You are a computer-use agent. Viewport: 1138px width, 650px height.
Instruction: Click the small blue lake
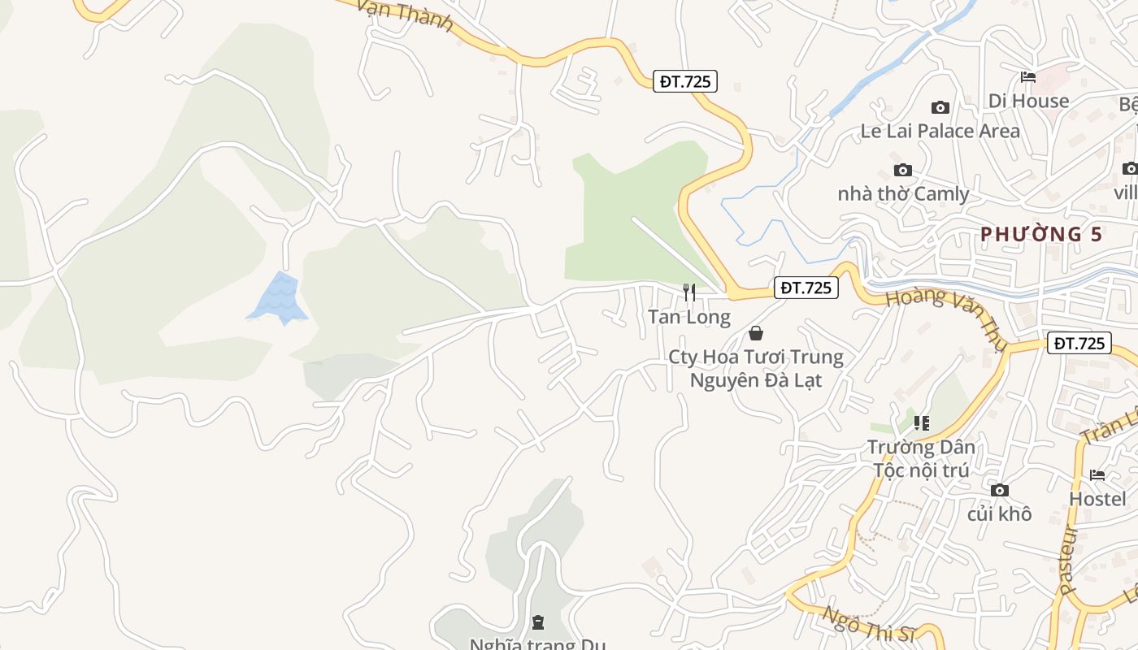(x=278, y=298)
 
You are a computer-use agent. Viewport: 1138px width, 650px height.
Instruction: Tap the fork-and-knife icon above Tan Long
(x=689, y=292)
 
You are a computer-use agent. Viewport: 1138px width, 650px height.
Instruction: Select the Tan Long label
(x=689, y=317)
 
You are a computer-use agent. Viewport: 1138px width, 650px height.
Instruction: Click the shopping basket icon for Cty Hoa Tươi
(x=756, y=333)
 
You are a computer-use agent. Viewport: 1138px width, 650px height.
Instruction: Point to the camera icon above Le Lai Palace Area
(x=940, y=107)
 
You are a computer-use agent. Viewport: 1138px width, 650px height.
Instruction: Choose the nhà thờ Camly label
(x=903, y=194)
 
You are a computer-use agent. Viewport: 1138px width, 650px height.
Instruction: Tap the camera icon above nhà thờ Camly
(x=902, y=170)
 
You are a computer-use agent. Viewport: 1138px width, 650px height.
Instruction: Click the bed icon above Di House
(x=1028, y=77)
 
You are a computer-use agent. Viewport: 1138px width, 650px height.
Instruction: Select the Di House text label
(x=1028, y=101)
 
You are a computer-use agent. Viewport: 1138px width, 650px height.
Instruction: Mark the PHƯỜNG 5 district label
(x=1041, y=234)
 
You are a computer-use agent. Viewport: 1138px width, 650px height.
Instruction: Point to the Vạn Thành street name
(x=405, y=15)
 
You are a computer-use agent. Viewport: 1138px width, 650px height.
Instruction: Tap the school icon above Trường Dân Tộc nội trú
(x=921, y=422)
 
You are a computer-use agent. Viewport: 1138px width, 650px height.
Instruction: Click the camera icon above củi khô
(x=1000, y=490)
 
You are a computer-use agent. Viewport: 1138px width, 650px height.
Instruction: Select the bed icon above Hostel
(x=1097, y=474)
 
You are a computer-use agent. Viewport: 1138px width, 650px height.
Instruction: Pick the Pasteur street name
(x=1070, y=560)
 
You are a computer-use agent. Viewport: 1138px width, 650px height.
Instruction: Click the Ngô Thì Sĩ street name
(x=868, y=626)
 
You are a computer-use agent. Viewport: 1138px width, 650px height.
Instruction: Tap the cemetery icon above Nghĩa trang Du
(x=537, y=622)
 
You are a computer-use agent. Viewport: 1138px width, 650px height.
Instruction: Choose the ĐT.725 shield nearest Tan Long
(x=806, y=288)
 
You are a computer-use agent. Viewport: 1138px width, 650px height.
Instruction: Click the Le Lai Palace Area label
(x=940, y=131)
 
